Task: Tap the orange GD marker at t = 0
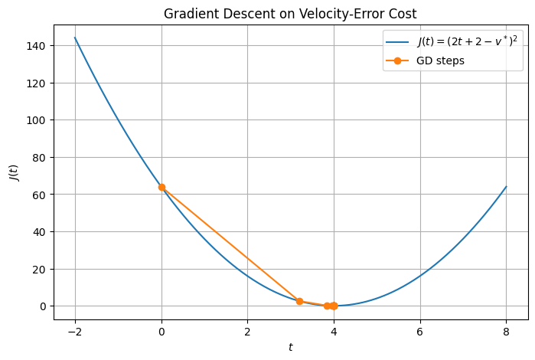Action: pos(161,187)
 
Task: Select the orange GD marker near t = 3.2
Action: pos(299,301)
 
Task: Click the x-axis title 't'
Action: pos(290,347)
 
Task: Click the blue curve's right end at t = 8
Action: pos(506,187)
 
